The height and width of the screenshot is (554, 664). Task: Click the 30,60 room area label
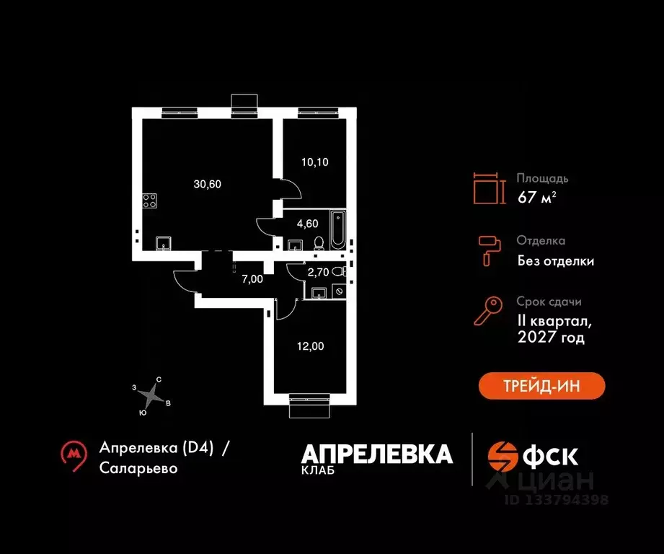point(207,184)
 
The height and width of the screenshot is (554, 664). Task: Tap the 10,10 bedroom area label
point(314,162)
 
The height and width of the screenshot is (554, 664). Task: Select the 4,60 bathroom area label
point(307,224)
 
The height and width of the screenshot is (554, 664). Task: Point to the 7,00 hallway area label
point(252,279)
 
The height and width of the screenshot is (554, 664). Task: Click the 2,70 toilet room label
point(318,273)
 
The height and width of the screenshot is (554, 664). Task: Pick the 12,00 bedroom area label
point(311,346)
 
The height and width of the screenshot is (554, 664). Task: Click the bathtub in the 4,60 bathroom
point(338,229)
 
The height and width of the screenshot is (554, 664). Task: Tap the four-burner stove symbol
point(149,201)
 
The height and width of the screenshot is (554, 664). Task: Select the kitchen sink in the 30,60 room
point(164,244)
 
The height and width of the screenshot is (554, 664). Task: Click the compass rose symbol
point(151,397)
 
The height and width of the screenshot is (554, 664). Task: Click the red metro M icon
point(74,456)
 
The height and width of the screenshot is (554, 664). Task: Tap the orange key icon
point(488,311)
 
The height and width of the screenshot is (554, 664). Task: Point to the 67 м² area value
point(536,197)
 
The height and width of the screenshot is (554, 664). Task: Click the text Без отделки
point(556,261)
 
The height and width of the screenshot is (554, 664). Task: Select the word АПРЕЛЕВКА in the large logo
point(377,454)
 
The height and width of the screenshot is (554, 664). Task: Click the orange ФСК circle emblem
point(503,457)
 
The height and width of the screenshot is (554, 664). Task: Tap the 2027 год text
point(551,337)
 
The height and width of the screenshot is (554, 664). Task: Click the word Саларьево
point(138,468)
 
